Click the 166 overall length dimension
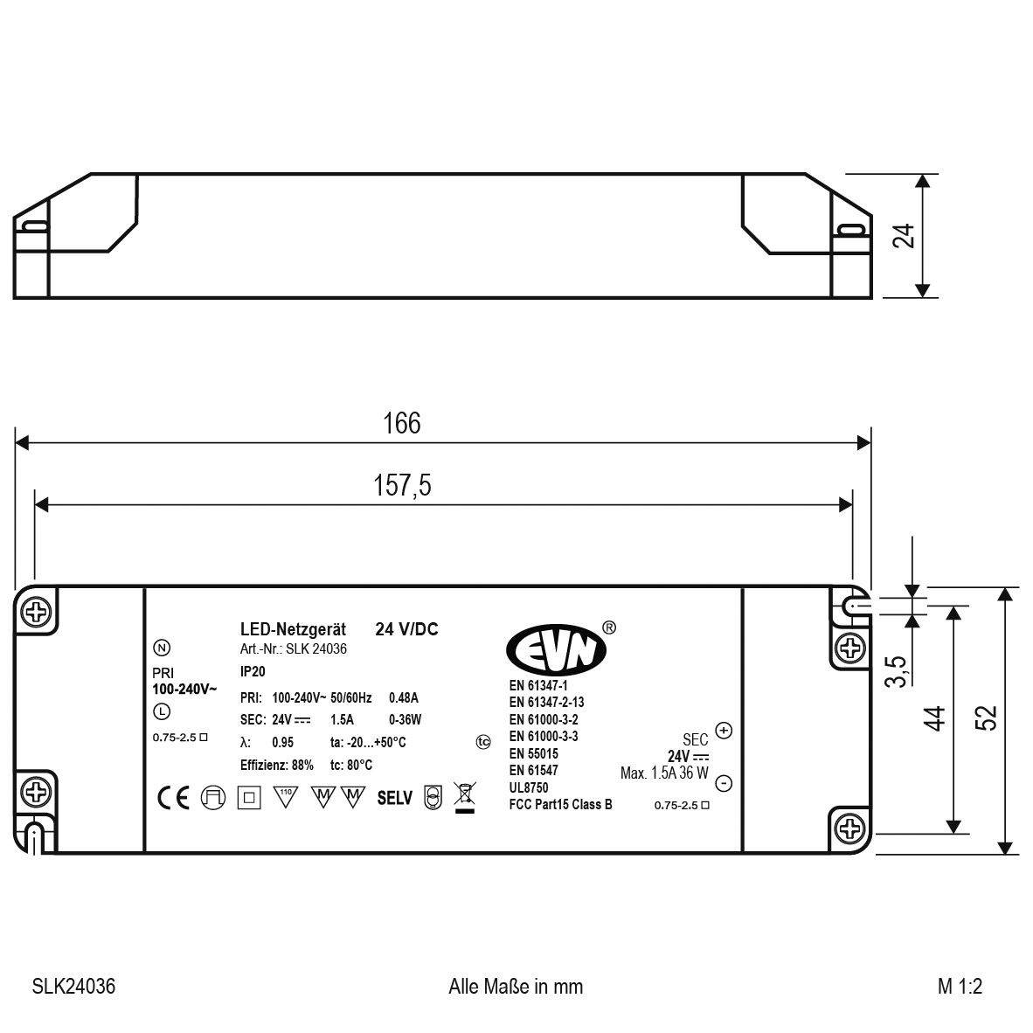(402, 423)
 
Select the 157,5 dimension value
(403, 486)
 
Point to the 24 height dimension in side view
(905, 236)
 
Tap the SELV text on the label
(394, 798)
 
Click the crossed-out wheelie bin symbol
(464, 796)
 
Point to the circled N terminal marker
(161, 648)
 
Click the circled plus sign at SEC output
(724, 730)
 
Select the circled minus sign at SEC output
(724, 782)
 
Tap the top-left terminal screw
(37, 612)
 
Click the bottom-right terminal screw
(849, 828)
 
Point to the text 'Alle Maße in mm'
(516, 987)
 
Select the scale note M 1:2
(960, 987)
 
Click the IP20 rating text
(253, 672)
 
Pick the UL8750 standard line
(529, 787)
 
